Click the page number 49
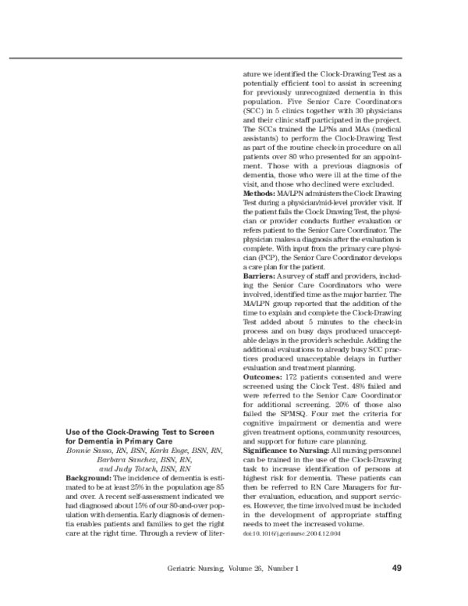(x=396, y=568)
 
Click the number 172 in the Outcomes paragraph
(x=303, y=377)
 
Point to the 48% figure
(x=349, y=387)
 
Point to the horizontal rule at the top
(x=234, y=58)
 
